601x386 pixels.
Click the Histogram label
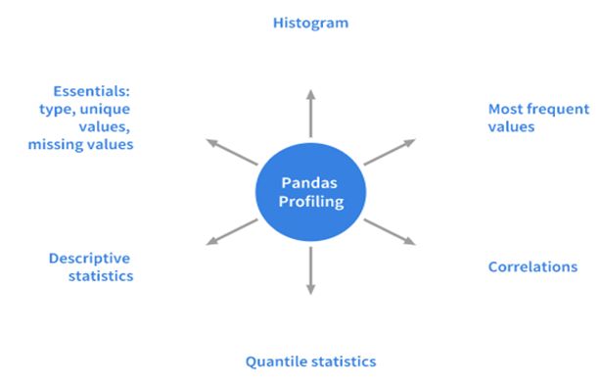tap(311, 24)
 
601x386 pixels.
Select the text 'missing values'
tap(80, 145)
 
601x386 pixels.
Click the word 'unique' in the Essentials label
tap(105, 110)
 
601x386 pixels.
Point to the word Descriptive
tap(89, 259)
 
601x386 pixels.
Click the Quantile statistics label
tap(311, 362)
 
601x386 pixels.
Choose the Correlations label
tap(532, 267)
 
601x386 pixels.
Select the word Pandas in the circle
tap(309, 183)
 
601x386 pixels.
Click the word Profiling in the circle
tap(311, 202)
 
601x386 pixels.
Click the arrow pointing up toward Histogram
tap(311, 114)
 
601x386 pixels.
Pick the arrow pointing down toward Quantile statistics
tap(311, 270)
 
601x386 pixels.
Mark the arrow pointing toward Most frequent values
tap(390, 152)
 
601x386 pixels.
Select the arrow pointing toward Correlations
tap(390, 232)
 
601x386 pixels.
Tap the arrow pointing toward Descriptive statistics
tap(232, 232)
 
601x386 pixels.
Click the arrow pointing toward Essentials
tap(232, 152)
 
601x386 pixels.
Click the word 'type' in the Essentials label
tap(57, 110)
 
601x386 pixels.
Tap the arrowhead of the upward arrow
tap(311, 95)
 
